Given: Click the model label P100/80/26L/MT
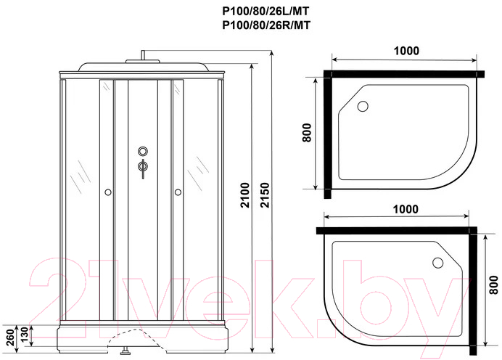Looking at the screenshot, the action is click(x=266, y=11).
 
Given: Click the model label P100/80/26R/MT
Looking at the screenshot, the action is click(x=266, y=25).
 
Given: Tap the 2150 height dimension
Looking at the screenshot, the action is click(x=266, y=195).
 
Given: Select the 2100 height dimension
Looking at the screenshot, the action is click(x=245, y=195).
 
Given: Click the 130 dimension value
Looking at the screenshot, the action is click(x=25, y=335).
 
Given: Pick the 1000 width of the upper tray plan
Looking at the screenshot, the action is click(x=406, y=51).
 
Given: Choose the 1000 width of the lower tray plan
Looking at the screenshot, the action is click(x=406, y=209).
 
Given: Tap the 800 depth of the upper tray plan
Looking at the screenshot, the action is click(x=306, y=133).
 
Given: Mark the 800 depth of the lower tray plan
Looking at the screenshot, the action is click(x=494, y=285).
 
